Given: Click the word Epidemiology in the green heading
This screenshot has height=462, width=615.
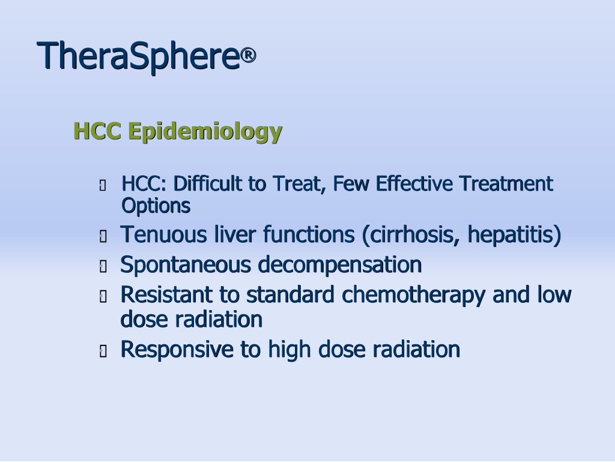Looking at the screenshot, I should (x=205, y=131).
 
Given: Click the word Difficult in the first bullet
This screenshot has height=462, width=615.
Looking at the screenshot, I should (x=208, y=184).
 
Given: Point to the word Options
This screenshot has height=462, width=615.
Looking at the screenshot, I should (x=156, y=206).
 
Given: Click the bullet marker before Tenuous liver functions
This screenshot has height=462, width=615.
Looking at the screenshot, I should (x=103, y=236).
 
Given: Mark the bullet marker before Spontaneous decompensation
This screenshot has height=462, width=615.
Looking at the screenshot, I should (x=103, y=266).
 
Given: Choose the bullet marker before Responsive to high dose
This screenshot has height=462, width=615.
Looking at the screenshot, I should (x=103, y=351).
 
